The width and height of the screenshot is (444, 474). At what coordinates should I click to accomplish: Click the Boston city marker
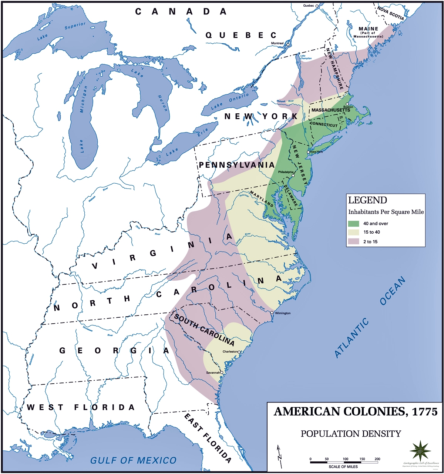[x=347, y=104]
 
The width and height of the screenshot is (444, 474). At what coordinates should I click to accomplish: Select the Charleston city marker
[x=239, y=352]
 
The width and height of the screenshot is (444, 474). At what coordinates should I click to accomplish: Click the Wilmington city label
[x=283, y=313]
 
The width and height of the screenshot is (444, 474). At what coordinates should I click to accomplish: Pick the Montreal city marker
[x=287, y=44]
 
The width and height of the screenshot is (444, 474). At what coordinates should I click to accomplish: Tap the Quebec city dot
[x=316, y=6]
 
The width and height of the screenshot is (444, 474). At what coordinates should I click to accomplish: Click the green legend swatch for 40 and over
[x=353, y=223]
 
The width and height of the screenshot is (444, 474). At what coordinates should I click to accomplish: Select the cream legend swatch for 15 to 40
[x=353, y=232]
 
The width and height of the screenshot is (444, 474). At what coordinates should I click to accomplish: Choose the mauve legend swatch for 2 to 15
[x=353, y=241]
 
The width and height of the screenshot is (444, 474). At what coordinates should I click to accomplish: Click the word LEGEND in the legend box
[x=367, y=200]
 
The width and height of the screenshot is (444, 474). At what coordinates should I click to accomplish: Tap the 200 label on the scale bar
[x=377, y=459]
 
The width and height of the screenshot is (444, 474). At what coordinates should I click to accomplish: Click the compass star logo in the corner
[x=420, y=451]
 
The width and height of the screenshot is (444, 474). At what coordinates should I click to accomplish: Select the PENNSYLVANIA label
[x=237, y=165]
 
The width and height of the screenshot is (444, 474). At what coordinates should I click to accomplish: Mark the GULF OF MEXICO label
[x=134, y=460]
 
